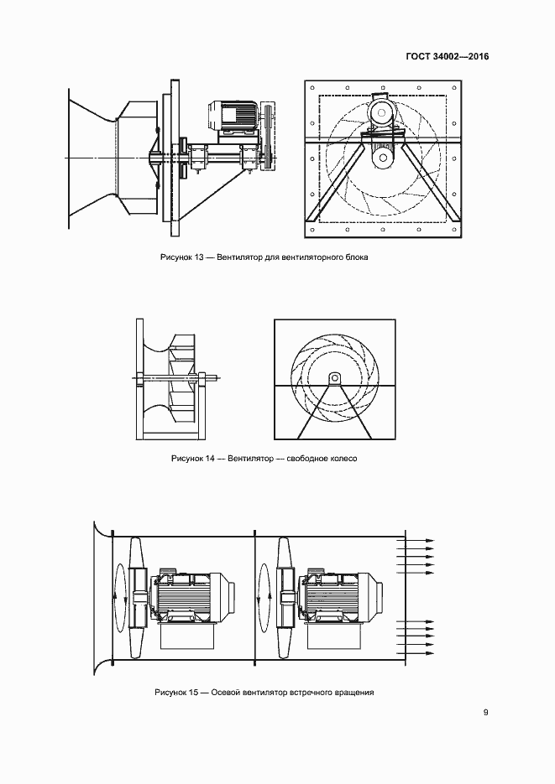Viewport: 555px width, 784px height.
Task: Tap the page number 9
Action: [485, 713]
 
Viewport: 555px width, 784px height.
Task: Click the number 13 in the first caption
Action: [199, 257]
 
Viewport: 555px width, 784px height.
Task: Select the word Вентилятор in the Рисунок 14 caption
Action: [251, 458]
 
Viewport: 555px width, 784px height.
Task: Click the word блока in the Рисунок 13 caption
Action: [356, 257]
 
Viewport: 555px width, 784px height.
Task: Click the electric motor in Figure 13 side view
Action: [233, 117]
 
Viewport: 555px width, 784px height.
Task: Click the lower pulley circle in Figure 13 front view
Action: [384, 158]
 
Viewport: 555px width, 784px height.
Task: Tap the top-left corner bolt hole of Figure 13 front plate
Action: [312, 87]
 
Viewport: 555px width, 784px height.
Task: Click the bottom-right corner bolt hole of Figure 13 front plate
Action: [454, 230]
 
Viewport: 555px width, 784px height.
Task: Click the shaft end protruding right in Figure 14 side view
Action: [214, 377]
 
